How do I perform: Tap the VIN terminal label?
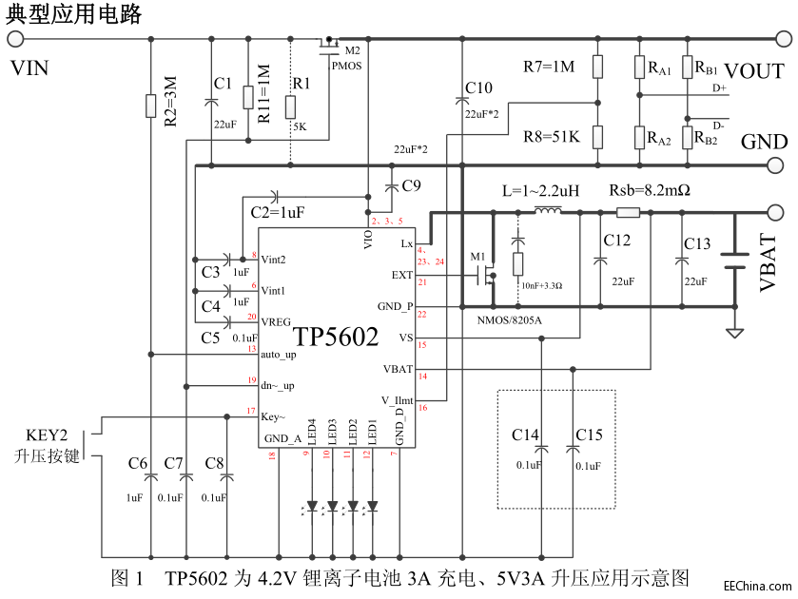click(29, 68)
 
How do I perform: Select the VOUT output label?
click(754, 72)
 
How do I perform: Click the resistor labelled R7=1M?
click(597, 67)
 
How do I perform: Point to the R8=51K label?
click(549, 136)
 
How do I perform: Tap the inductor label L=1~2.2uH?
click(540, 190)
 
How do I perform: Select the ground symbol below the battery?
click(733, 333)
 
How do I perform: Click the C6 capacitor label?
click(138, 463)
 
